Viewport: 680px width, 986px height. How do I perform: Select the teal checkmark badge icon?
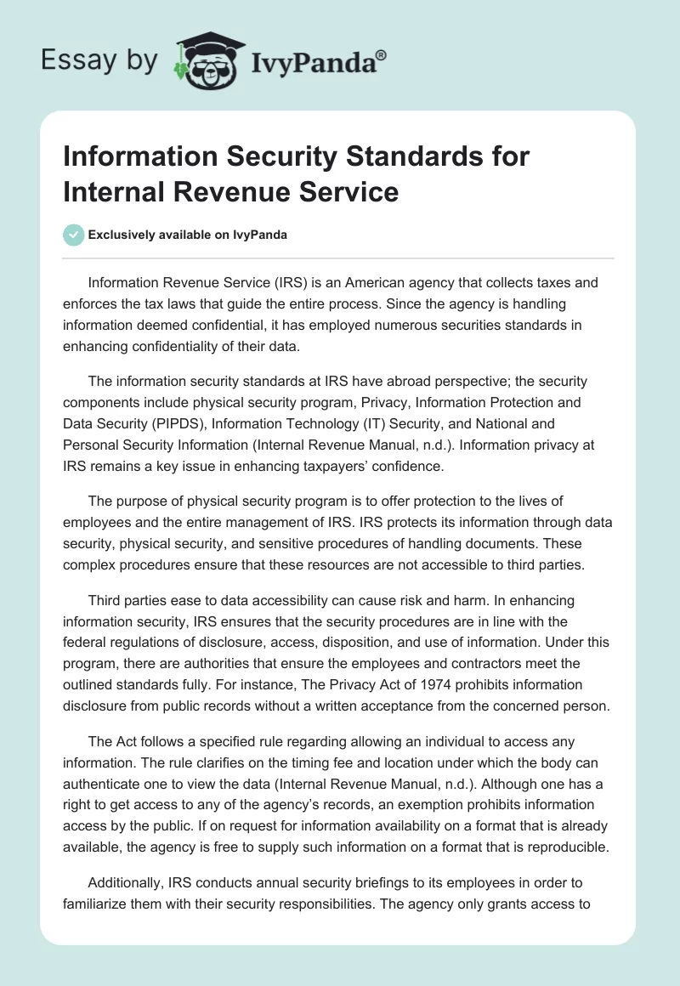tap(74, 235)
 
